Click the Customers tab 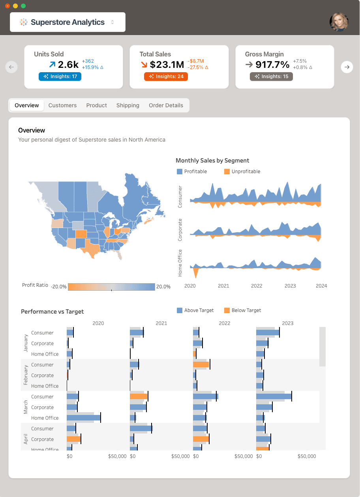[62, 105]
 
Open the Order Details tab [166, 105]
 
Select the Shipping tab [127, 105]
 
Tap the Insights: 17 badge [60, 77]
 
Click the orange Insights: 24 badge [166, 77]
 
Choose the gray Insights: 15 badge [271, 77]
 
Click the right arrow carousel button [347, 67]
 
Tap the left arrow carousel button [11, 67]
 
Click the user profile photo [339, 22]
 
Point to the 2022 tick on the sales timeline [257, 286]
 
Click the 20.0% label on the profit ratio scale [163, 287]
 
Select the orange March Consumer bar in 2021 [139, 396]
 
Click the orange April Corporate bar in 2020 [73, 439]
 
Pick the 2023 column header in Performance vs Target [288, 323]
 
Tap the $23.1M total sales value [167, 64]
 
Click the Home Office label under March [45, 418]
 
